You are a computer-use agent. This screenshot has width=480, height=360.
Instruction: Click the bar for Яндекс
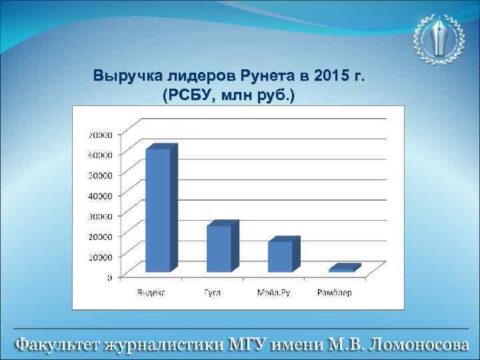point(158,210)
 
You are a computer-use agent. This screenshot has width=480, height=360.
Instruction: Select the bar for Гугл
point(219,248)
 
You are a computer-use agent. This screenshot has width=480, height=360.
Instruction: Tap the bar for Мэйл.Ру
point(280,256)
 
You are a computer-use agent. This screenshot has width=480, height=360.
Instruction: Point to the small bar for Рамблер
point(341,270)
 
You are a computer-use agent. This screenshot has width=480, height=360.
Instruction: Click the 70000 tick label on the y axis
point(99,134)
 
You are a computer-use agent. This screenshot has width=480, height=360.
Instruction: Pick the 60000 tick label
point(99,155)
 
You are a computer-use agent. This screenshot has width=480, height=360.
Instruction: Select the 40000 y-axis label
point(99,195)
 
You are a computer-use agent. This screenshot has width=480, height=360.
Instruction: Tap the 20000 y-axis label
point(99,236)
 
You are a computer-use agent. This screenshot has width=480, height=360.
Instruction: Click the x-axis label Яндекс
point(152,292)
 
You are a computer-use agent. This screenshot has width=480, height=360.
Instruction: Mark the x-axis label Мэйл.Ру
point(274,292)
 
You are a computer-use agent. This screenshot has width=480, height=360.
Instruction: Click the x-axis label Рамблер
point(335,292)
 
